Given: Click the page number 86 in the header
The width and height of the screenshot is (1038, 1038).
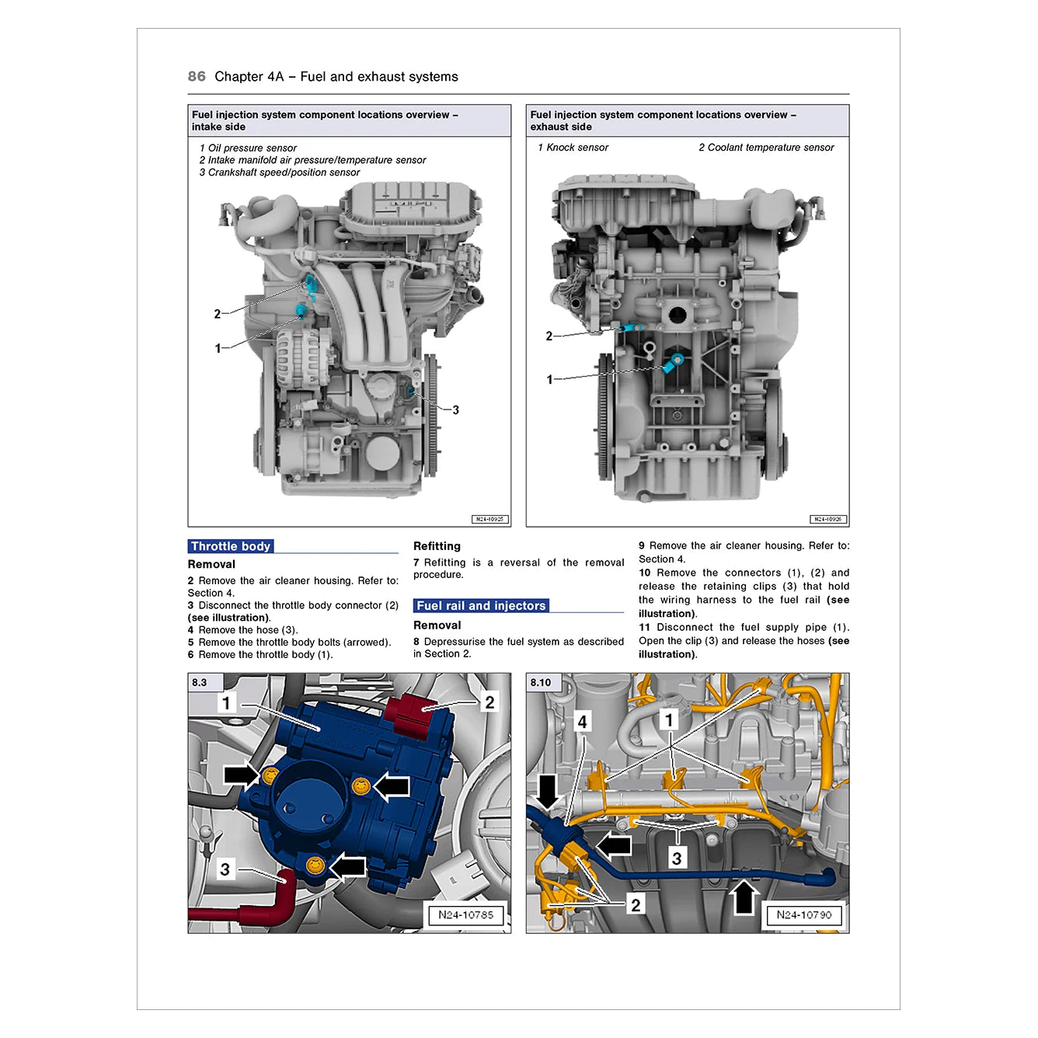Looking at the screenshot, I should point(197,76).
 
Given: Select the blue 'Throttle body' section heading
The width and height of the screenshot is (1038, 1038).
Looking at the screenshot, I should point(230,546).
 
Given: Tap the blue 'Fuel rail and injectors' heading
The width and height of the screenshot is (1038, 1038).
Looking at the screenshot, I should point(480,605).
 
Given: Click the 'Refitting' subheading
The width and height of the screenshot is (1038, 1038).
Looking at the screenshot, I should point(437,546).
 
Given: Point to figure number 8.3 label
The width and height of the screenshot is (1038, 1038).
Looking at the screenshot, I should point(200,682).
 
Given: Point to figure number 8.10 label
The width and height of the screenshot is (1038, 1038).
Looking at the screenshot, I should point(540,682).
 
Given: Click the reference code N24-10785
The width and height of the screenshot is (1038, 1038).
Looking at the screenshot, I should point(465,914).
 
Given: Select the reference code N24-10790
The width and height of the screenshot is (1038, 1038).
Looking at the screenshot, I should point(803,914).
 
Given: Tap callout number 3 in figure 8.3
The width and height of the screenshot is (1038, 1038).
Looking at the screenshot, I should point(225,869).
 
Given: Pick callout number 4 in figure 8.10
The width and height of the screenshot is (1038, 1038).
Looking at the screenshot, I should point(582,721).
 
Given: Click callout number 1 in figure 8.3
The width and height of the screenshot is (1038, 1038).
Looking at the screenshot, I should point(226,702).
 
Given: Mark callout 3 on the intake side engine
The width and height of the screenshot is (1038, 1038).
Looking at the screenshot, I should point(455,409).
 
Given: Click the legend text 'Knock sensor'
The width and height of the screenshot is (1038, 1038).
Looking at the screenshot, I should point(576,148).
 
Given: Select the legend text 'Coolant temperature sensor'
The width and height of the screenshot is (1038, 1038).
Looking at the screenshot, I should point(770,148).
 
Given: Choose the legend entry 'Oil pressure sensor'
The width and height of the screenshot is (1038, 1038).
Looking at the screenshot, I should point(252,148).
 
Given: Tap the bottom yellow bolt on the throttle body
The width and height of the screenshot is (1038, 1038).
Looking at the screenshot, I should point(314,865).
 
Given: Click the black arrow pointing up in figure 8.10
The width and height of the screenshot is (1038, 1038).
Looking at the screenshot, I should point(744,897).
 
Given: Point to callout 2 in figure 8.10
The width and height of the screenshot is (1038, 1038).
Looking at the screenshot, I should point(636,904).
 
